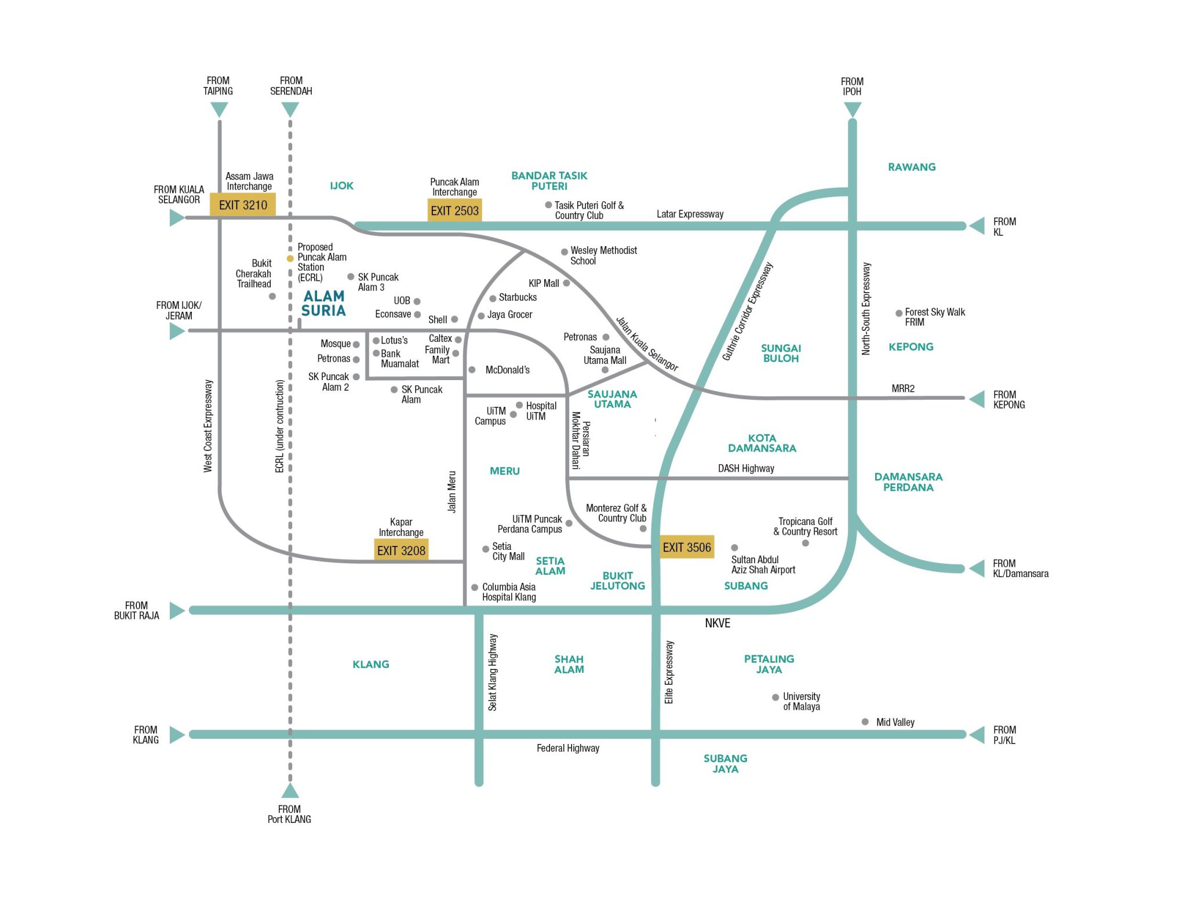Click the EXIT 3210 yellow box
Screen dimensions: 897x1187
click(x=242, y=205)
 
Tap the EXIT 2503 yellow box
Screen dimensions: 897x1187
click(x=454, y=210)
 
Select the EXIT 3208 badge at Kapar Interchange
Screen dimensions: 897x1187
click(x=401, y=550)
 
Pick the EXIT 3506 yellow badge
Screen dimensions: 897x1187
click(x=686, y=547)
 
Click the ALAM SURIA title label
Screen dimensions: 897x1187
click(x=323, y=304)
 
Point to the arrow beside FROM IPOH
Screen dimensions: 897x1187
click(x=852, y=109)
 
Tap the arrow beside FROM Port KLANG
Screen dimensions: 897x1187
click(x=290, y=790)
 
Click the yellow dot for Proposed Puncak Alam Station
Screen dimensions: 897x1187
click(x=290, y=258)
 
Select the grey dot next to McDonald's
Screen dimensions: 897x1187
click(x=472, y=370)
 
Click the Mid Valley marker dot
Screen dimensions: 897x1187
click(x=865, y=722)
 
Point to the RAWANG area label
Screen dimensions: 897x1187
click(x=912, y=167)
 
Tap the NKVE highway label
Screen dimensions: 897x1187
click(x=718, y=623)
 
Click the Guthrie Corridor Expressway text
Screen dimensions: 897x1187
click(x=748, y=312)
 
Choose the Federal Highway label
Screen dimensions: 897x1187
click(x=567, y=748)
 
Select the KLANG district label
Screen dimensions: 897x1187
click(x=371, y=664)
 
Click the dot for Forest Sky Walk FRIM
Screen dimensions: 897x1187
click(x=899, y=313)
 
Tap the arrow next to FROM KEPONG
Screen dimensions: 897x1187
click(x=977, y=399)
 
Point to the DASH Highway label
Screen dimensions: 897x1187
click(x=746, y=468)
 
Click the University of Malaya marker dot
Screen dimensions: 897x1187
click(x=775, y=697)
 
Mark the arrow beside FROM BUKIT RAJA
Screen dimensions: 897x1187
click(x=177, y=611)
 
